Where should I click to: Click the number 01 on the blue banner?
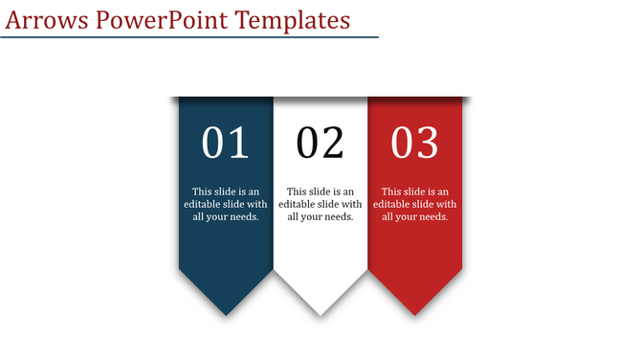point(226,144)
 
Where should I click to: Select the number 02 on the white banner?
point(320,144)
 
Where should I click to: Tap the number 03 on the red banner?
point(415,144)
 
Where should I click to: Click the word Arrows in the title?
point(43,20)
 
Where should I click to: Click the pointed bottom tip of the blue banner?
point(226,314)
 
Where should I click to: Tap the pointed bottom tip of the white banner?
point(320,314)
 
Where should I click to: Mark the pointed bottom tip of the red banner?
point(415,314)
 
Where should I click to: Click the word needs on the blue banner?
point(244,216)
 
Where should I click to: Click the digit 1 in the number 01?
point(238,144)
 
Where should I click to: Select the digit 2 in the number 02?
point(333,144)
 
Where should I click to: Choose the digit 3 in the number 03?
point(428,144)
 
